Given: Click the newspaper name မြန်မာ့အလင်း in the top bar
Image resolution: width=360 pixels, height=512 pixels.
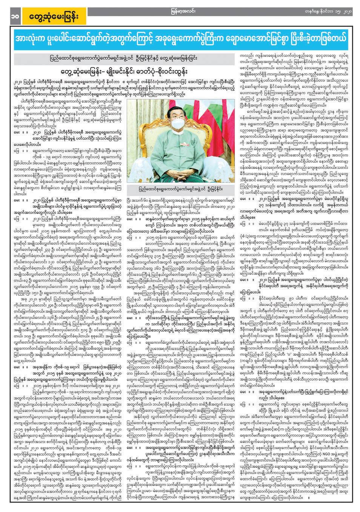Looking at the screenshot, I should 180,3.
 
